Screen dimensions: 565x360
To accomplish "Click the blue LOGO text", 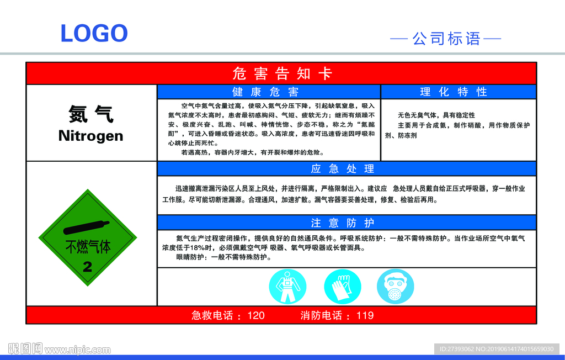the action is point(94,33).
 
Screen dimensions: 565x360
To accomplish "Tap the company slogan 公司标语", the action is point(446,39).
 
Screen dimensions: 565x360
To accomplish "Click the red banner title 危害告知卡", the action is point(282,73).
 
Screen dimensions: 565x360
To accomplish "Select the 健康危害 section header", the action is point(265,92).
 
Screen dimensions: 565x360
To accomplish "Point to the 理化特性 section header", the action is point(454,92).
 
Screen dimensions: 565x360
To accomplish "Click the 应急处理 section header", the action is point(343,169).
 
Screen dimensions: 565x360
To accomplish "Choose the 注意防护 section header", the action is point(343,223).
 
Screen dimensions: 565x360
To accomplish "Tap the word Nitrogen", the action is point(91,136).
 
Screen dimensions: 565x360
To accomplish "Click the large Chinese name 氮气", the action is point(91,114).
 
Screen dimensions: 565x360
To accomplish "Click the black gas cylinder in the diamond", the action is point(87,227).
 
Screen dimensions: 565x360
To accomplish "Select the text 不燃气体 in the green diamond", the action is point(88,247).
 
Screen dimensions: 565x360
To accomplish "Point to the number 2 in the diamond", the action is point(88,267).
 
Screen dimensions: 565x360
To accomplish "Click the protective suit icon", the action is point(287,287).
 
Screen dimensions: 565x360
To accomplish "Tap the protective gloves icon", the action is point(342,287).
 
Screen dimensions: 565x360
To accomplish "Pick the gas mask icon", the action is point(395,287).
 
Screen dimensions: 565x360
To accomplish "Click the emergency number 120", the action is point(256,316).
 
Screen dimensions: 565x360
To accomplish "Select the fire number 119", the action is point(365,316).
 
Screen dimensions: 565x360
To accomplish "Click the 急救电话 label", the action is point(212,316).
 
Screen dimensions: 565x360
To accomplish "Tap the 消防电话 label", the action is point(321,316).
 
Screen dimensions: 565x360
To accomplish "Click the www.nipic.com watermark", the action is point(77,350).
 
